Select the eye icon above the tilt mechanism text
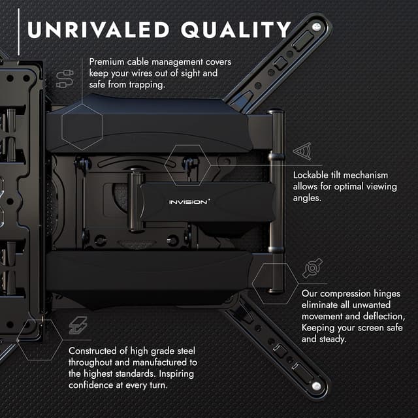(x=302, y=152)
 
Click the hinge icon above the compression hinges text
(x=312, y=268)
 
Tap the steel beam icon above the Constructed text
(x=78, y=326)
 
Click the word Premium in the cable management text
(x=110, y=61)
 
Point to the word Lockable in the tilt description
(x=313, y=175)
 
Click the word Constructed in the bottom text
(x=98, y=350)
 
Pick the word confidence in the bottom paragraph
(x=95, y=385)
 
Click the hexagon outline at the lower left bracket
(x=40, y=340)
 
